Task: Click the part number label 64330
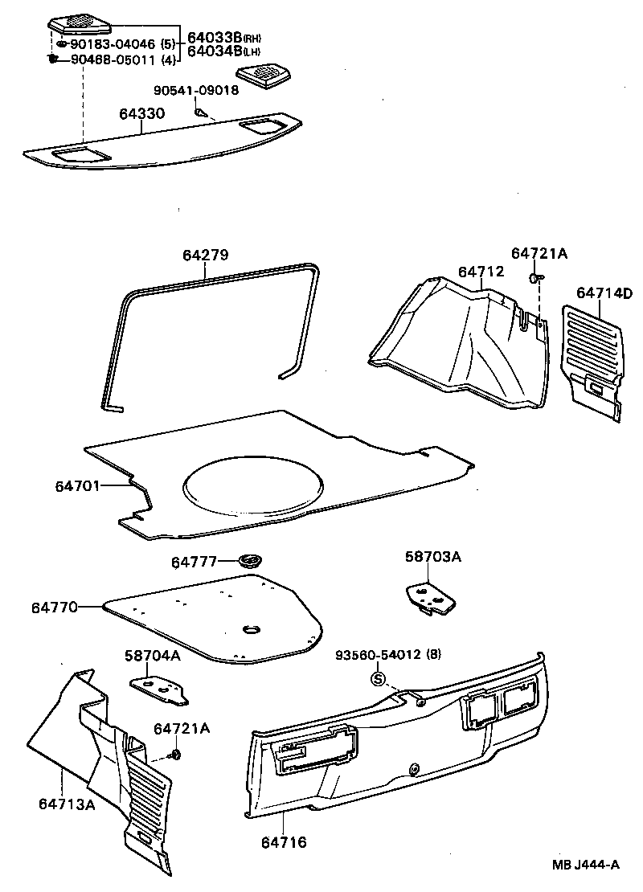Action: (142, 114)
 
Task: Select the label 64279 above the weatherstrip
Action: (205, 256)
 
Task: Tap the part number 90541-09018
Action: (197, 90)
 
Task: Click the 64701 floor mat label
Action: (78, 486)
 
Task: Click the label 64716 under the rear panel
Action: (283, 842)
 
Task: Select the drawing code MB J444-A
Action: (585, 865)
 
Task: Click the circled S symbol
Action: (375, 679)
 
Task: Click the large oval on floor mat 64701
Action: (254, 485)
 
